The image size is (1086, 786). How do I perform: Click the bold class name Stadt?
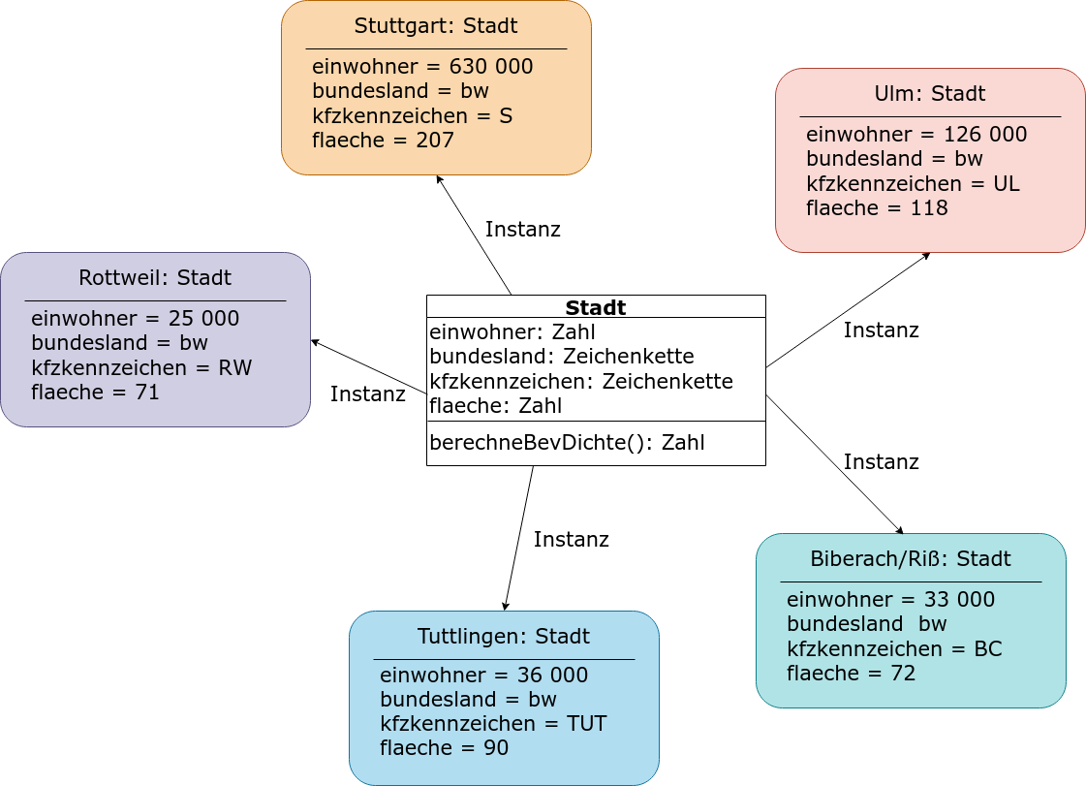click(x=596, y=307)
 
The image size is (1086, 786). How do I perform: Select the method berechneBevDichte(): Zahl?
click(x=568, y=442)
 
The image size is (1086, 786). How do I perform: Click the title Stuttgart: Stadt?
click(x=436, y=25)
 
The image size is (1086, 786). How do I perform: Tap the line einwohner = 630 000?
click(x=422, y=67)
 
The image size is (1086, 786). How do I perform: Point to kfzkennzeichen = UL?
click(x=913, y=184)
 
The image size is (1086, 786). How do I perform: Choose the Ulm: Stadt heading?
click(x=929, y=94)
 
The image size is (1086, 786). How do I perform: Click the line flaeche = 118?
click(x=877, y=208)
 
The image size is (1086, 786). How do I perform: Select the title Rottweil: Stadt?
click(x=154, y=278)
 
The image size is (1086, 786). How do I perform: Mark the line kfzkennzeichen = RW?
click(x=141, y=367)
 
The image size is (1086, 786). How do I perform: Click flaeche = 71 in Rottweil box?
click(x=95, y=393)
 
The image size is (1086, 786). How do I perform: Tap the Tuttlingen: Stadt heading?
click(x=504, y=637)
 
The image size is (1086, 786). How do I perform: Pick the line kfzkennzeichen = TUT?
click(x=493, y=724)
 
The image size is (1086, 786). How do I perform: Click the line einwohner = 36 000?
click(x=483, y=676)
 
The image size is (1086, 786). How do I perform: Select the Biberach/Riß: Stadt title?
click(x=910, y=558)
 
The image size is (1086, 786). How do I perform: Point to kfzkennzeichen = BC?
click(x=894, y=648)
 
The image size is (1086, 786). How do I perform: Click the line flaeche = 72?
click(x=851, y=673)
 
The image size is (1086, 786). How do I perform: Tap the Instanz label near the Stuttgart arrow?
click(x=522, y=230)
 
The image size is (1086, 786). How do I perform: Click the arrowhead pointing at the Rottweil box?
click(x=315, y=342)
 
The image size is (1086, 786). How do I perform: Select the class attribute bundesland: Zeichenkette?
click(x=562, y=357)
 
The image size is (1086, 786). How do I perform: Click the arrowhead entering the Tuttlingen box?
click(x=507, y=606)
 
